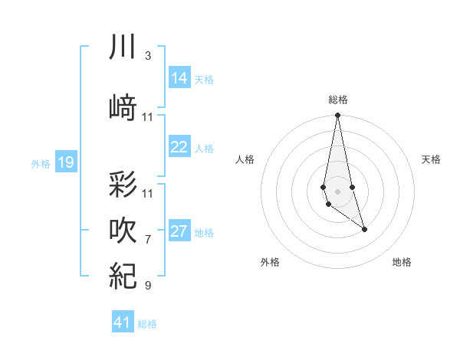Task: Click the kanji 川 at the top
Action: tap(123, 47)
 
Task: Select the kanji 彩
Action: tap(123, 185)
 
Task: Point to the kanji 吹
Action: tap(123, 230)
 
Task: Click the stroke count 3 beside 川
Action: tap(148, 56)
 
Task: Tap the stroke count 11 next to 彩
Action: tap(148, 193)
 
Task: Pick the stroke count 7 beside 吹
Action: tap(148, 239)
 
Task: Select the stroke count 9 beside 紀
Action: tap(148, 286)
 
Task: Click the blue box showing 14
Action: tap(179, 78)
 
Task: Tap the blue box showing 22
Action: tap(179, 147)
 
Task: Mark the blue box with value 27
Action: tap(179, 231)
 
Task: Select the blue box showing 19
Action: tap(66, 162)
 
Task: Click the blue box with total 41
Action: tap(123, 322)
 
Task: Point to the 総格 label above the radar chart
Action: tap(338, 100)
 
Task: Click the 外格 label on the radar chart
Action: tap(270, 262)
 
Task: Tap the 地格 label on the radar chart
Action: tap(402, 262)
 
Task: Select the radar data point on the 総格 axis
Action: tap(337, 116)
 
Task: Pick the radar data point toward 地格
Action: tap(364, 229)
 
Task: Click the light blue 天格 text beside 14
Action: tap(204, 79)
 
